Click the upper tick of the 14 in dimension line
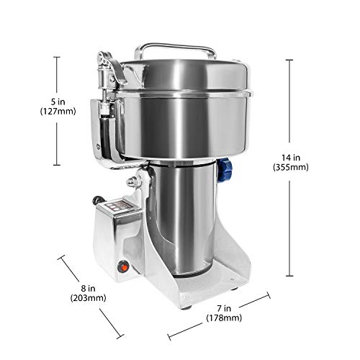tap(290, 59)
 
